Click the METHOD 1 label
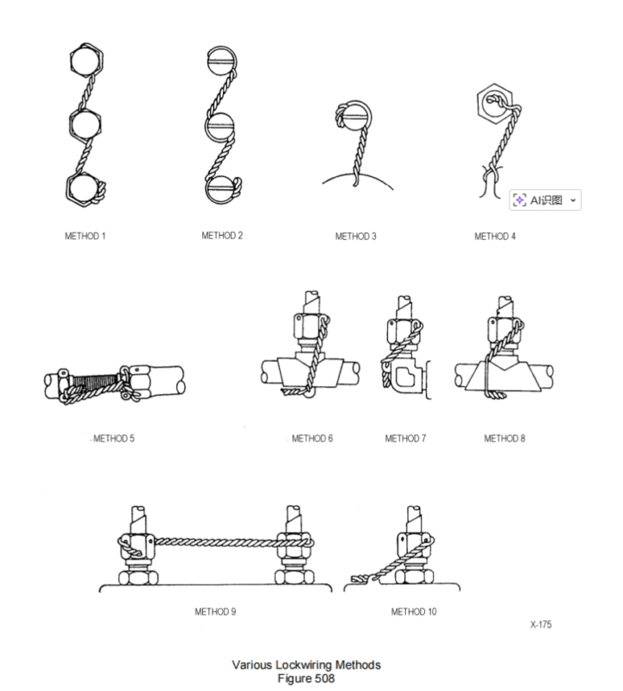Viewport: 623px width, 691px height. point(86,236)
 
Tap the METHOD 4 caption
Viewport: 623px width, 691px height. point(495,236)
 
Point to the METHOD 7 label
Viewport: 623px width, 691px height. point(406,439)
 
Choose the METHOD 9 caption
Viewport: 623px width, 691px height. point(216,612)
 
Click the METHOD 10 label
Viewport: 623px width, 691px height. point(414,612)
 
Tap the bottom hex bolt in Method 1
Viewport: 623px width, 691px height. point(85,187)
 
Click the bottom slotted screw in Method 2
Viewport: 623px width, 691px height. point(221,189)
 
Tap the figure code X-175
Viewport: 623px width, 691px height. point(542,624)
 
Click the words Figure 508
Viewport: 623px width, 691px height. point(307,677)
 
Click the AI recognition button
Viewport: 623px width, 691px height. point(545,200)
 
